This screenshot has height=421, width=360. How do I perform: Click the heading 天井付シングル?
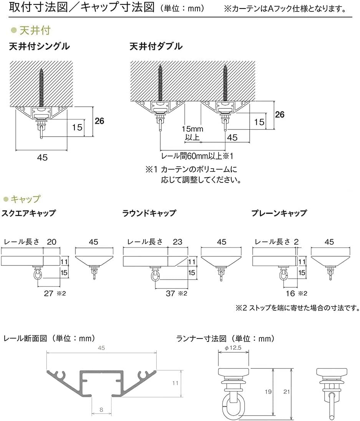point(39,46)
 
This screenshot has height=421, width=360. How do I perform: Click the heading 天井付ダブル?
point(156,46)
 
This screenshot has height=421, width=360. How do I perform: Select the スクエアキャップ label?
point(29,213)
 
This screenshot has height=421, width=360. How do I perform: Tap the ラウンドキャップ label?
point(149,213)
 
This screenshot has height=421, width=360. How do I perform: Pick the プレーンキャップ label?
point(279,213)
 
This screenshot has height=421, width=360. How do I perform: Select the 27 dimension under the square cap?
point(49,294)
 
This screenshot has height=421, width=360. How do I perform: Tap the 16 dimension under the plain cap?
point(290,294)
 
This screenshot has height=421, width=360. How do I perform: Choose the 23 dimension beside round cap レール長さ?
point(177,242)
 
